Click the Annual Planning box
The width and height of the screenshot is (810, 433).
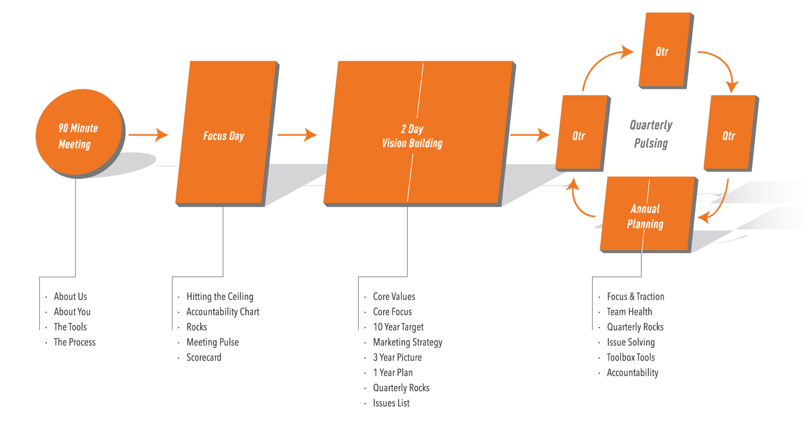pyautogui.click(x=647, y=215)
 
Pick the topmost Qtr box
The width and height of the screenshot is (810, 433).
pyautogui.click(x=664, y=50)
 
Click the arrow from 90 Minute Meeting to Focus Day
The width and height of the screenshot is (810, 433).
pyautogui.click(x=149, y=135)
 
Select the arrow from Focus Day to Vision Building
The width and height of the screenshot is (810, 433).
pyautogui.click(x=297, y=135)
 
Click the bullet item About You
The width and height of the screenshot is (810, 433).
pyautogui.click(x=72, y=312)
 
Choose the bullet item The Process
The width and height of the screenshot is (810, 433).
pyautogui.click(x=75, y=342)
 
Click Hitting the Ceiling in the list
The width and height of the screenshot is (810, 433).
pyautogui.click(x=219, y=297)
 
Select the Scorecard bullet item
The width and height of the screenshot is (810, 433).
pyautogui.click(x=204, y=357)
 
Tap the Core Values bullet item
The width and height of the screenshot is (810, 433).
pyautogui.click(x=394, y=297)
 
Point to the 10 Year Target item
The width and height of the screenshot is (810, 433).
pyautogui.click(x=398, y=327)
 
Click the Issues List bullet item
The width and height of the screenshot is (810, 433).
pyautogui.click(x=391, y=403)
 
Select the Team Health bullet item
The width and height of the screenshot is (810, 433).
pyautogui.click(x=629, y=312)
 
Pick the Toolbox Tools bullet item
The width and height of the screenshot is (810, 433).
pyautogui.click(x=631, y=357)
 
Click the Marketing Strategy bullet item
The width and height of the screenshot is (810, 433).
pyautogui.click(x=408, y=342)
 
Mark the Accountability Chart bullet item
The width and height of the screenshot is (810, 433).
pyautogui.click(x=223, y=312)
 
